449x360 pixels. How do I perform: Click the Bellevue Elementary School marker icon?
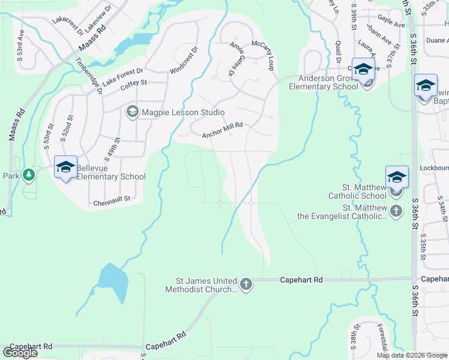point(65,167)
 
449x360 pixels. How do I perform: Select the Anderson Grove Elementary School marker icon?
point(363,70)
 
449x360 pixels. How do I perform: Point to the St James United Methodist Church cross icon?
point(246,284)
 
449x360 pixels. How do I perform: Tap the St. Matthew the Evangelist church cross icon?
point(396,211)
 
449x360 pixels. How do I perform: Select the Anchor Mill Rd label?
point(222,130)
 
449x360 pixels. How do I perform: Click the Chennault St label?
point(112,203)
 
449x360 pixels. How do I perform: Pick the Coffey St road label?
point(134,85)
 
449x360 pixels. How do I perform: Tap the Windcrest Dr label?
point(184,61)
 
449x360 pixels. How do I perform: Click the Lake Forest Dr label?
point(123,76)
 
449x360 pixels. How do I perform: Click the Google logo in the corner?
point(19,353)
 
